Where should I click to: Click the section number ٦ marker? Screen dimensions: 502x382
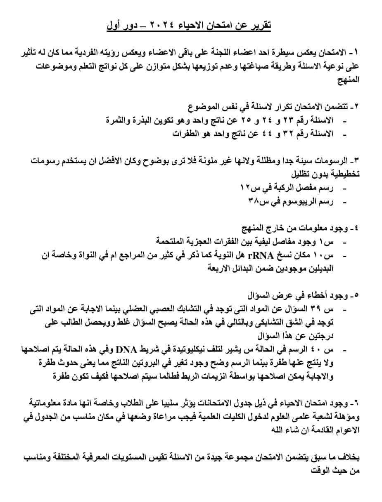click(356, 402)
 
